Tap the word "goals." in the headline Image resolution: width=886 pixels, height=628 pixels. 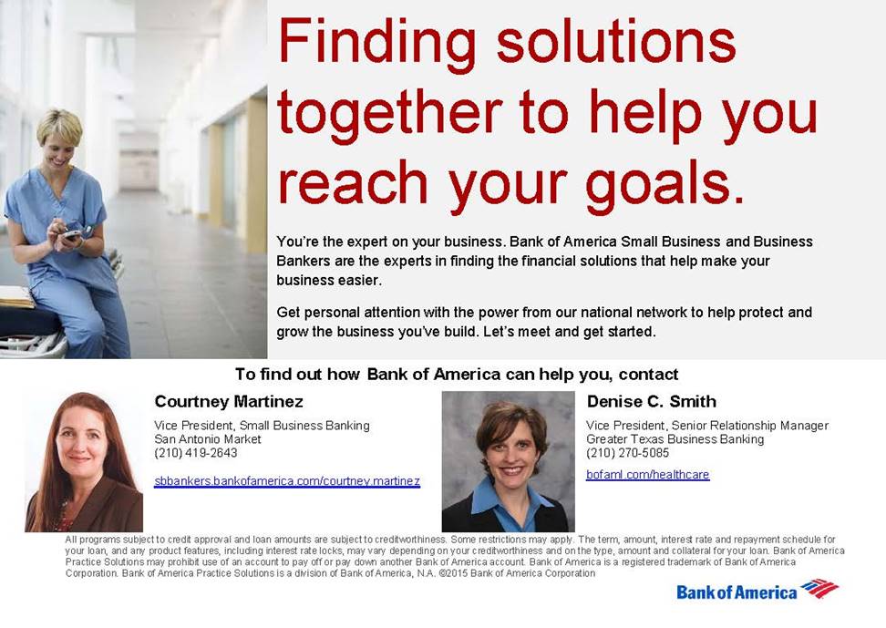[x=665, y=186]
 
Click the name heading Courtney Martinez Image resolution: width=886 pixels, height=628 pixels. [x=229, y=401]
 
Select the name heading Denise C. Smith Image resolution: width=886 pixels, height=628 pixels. [x=652, y=401]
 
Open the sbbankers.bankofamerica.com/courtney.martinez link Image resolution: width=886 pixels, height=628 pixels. [x=287, y=481]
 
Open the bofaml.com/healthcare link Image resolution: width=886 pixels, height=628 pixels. [x=647, y=474]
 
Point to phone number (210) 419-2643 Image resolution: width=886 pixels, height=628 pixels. [x=195, y=453]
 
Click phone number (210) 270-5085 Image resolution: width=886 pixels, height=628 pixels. [x=627, y=453]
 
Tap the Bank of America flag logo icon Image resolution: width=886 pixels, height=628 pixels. [x=819, y=588]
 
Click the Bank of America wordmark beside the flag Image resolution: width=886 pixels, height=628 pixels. [x=737, y=592]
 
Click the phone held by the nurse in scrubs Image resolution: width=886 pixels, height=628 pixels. [x=72, y=233]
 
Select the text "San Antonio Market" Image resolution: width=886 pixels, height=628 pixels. [x=208, y=439]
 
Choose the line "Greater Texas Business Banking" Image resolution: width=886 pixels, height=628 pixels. [x=675, y=439]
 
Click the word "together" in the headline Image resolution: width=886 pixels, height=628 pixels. [x=390, y=114]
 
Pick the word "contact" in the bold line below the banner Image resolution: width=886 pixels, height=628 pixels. [x=648, y=375]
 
